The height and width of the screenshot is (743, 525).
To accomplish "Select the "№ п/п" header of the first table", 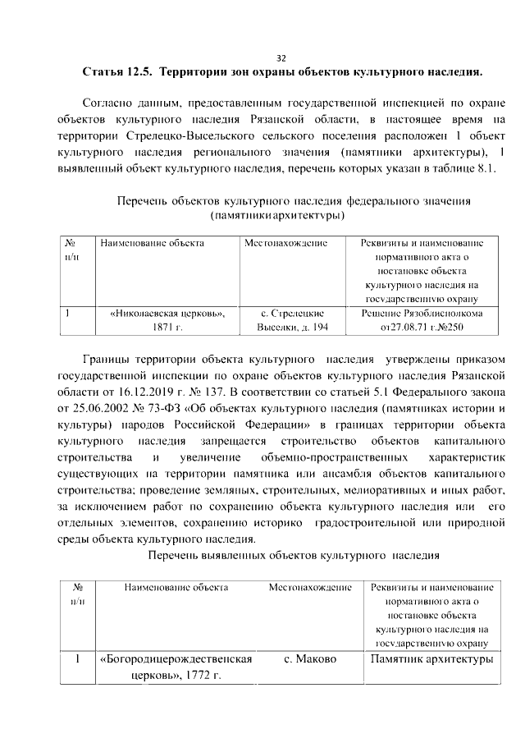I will pyautogui.click(x=71, y=250).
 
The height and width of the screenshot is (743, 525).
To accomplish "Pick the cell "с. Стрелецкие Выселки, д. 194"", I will pyautogui.click(x=293, y=320).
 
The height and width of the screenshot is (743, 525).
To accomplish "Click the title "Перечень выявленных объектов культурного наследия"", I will pyautogui.click(x=294, y=556).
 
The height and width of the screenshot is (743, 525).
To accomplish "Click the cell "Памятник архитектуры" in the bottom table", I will pyautogui.click(x=431, y=660).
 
